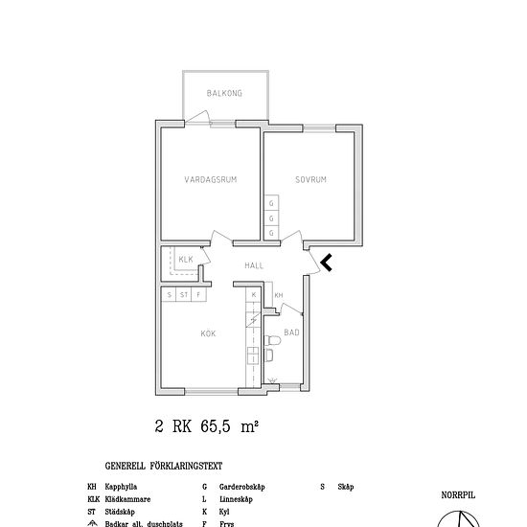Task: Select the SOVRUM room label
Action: (x=311, y=179)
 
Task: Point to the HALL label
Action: (x=254, y=265)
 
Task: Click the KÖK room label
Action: (x=208, y=333)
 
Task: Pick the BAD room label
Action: (x=291, y=332)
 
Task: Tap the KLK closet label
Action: (x=185, y=259)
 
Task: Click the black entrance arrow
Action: (x=327, y=263)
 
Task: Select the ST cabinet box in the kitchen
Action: (x=183, y=295)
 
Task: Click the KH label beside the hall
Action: (x=278, y=295)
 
